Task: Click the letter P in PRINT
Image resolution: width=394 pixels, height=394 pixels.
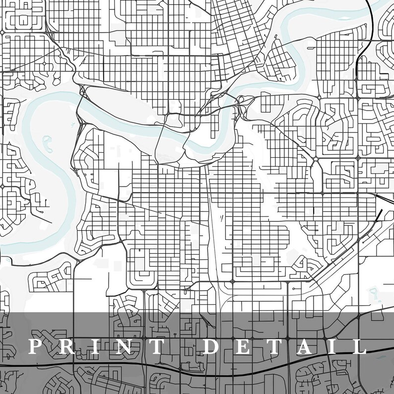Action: [x=36, y=346]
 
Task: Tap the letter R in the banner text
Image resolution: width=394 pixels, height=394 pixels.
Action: [x=65, y=346]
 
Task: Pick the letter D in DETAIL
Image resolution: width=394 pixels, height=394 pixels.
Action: [x=212, y=346]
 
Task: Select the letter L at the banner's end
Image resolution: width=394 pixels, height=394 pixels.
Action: [x=359, y=346]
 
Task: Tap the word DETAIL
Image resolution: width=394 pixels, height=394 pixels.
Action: [x=285, y=346]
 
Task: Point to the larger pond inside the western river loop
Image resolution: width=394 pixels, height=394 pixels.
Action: [x=48, y=144]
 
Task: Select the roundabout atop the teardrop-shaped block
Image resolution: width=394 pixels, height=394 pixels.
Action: [x=316, y=159]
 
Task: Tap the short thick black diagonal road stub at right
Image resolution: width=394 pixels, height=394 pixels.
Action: [x=380, y=214]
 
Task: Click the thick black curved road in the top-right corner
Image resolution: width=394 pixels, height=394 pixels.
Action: [x=371, y=20]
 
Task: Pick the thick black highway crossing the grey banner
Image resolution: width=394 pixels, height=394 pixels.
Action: [x=198, y=368]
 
